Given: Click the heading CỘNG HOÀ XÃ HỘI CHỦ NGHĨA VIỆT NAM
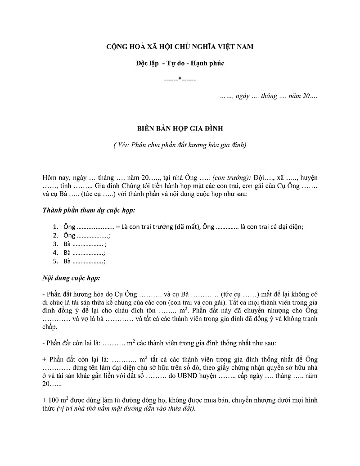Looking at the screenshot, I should [180, 47].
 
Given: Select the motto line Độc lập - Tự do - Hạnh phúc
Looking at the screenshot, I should [180, 63].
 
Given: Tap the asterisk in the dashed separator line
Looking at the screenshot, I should [180, 80].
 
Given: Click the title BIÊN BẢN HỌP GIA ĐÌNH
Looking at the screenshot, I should [180, 128].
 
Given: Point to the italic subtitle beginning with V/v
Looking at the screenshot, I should [180, 145].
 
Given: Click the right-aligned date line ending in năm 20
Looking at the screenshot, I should [269, 96].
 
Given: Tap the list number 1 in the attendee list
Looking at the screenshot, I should [55, 227].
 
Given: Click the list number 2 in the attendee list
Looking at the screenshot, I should [55, 235].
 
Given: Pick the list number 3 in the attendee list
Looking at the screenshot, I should [55, 244].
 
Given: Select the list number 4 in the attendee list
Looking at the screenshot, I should [55, 253].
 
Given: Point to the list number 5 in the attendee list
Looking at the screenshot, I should [55, 262].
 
